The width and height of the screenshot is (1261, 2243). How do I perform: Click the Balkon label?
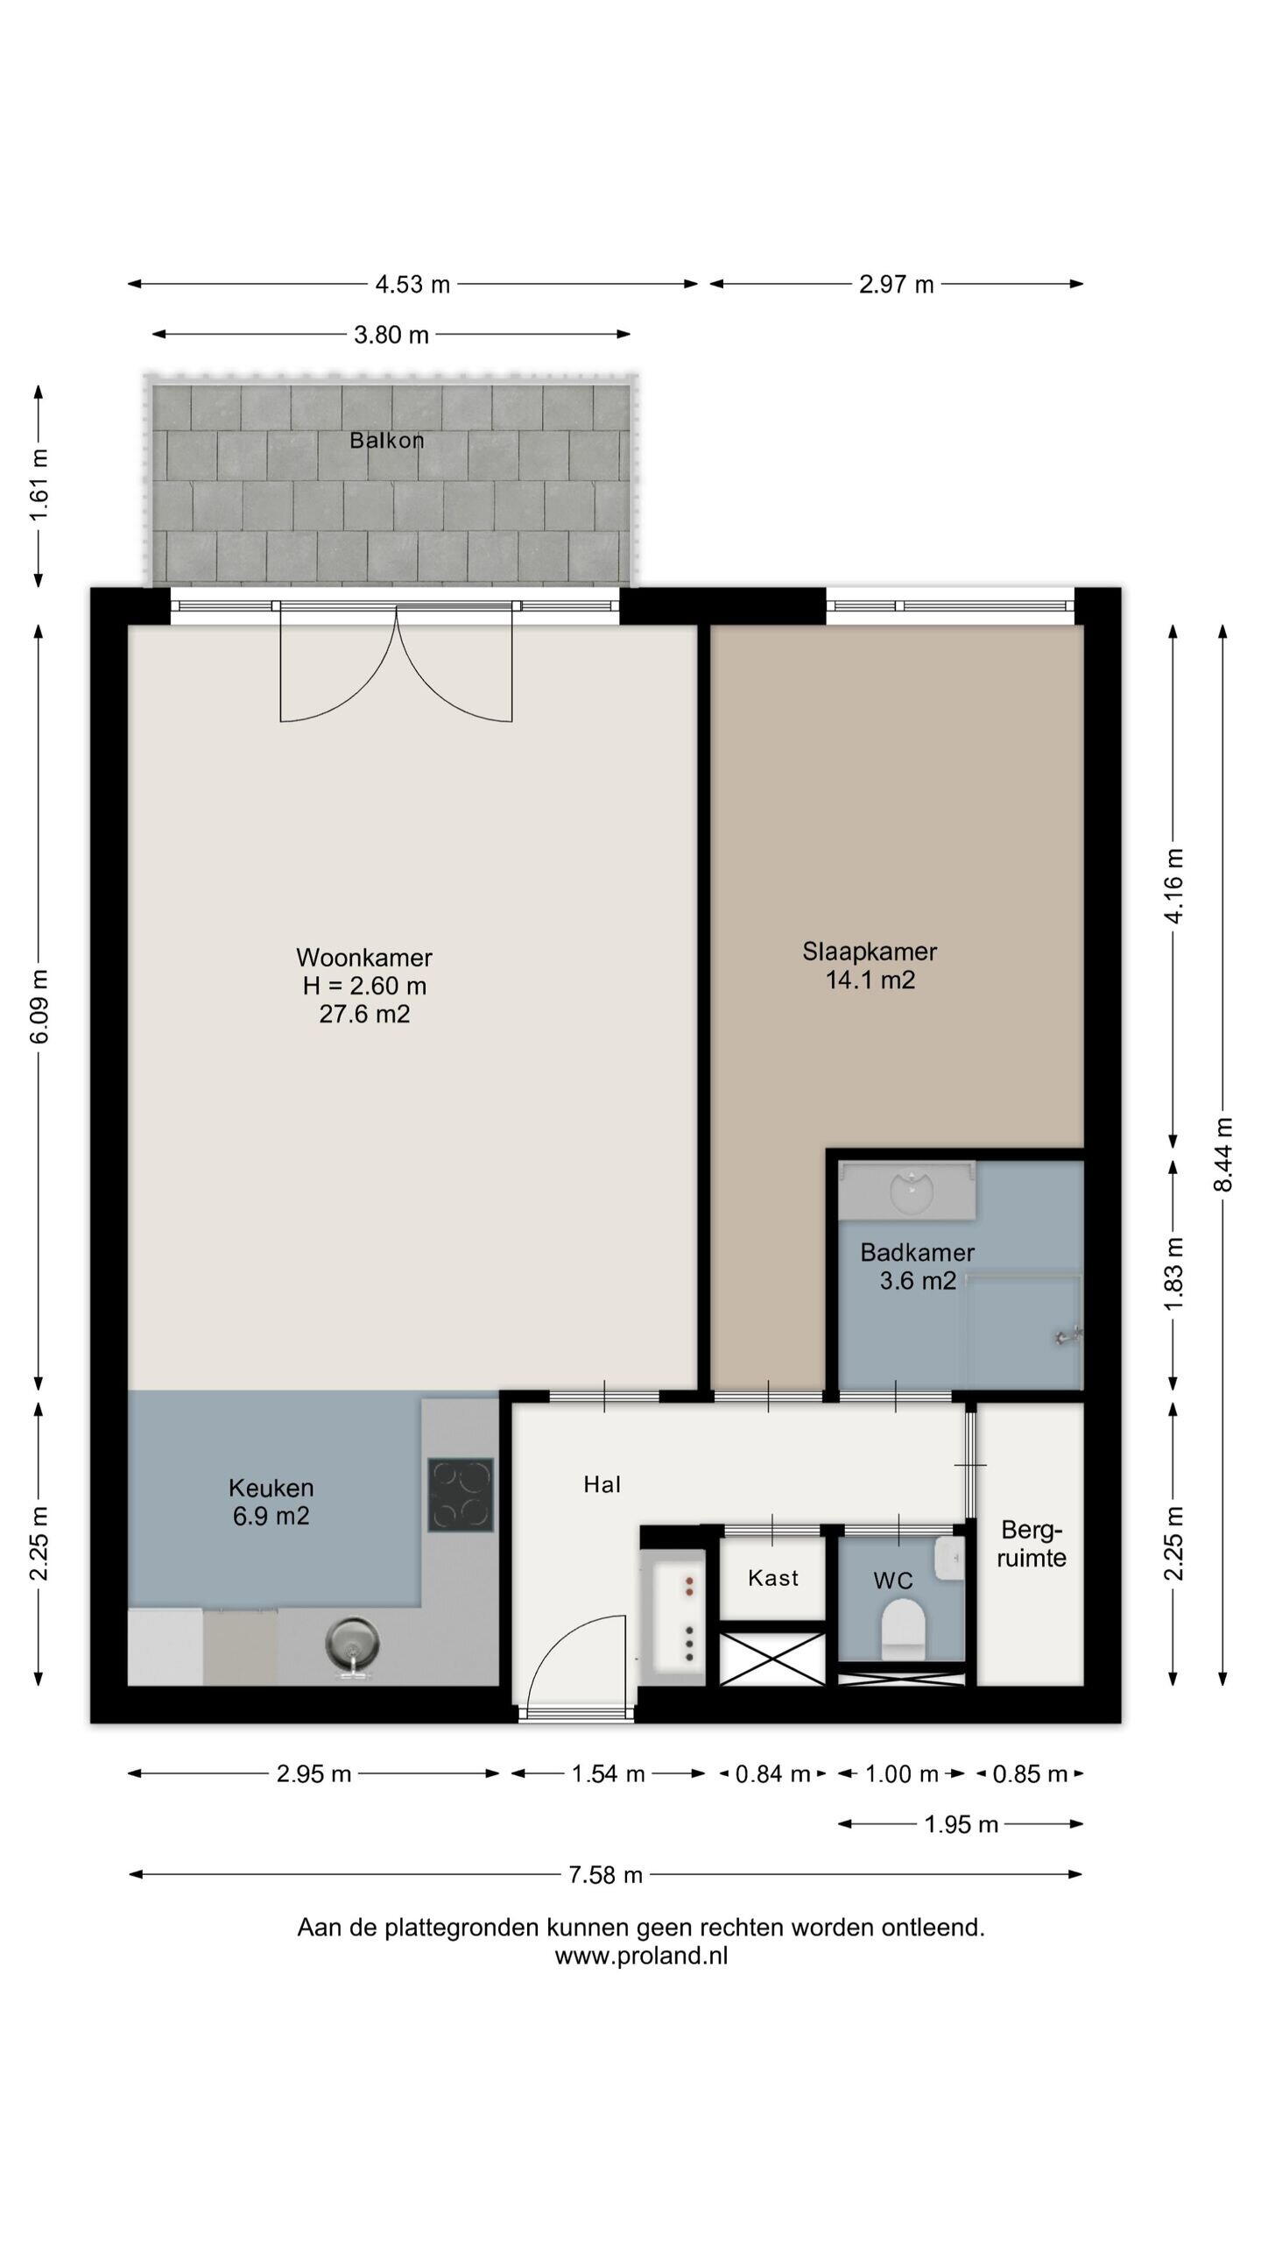click(386, 440)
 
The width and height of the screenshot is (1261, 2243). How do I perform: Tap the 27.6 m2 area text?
click(364, 1014)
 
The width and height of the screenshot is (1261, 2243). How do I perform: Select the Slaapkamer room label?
click(870, 951)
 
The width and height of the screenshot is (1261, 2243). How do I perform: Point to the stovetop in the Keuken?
click(461, 1494)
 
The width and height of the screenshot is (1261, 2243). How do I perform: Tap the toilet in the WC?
click(903, 1629)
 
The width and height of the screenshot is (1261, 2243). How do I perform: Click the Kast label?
click(773, 1578)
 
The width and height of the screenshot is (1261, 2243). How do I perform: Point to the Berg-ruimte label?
click(1032, 1544)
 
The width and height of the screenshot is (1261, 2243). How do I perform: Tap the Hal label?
click(602, 1484)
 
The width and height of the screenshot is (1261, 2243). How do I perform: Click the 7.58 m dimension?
click(606, 1874)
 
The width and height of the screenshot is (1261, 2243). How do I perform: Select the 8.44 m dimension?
click(1223, 1154)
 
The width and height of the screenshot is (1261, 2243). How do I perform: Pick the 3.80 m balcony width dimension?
click(391, 335)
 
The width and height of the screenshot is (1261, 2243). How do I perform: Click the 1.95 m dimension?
click(961, 1824)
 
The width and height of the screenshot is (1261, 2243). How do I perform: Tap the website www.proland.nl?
click(641, 1956)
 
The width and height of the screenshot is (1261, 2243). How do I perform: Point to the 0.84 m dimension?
click(772, 1774)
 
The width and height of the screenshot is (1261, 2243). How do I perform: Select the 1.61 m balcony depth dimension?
click(39, 485)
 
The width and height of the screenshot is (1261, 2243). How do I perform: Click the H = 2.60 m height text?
click(364, 986)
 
